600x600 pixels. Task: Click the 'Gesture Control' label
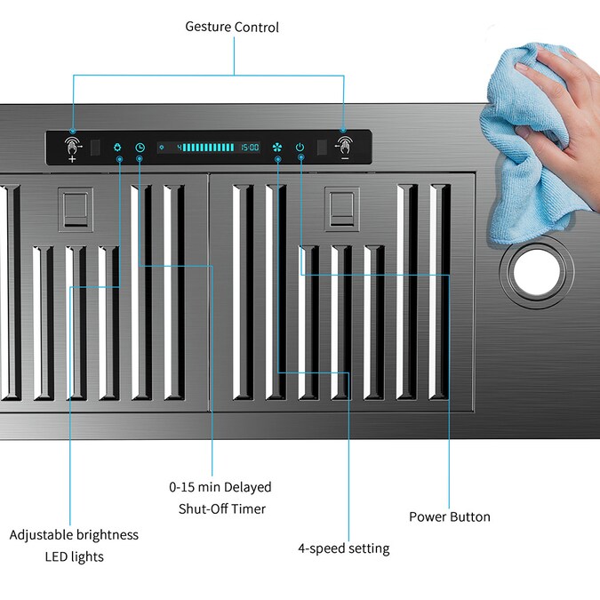click(x=232, y=28)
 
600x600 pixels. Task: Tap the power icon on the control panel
click(x=300, y=148)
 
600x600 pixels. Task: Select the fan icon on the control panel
click(x=277, y=148)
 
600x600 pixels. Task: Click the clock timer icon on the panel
click(x=140, y=148)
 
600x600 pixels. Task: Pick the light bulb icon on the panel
click(x=117, y=148)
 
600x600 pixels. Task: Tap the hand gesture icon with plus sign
click(x=73, y=148)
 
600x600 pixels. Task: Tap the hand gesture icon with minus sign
click(x=344, y=148)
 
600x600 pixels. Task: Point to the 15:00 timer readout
click(x=250, y=148)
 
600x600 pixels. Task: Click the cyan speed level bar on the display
click(x=208, y=148)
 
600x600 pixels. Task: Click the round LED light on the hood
click(x=537, y=271)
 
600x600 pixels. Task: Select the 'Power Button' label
click(x=450, y=517)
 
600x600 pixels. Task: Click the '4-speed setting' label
click(x=344, y=548)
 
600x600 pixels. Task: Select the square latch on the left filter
click(x=76, y=209)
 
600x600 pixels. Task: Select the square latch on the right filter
click(x=341, y=209)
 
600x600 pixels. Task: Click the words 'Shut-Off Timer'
click(x=222, y=509)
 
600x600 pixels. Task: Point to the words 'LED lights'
click(x=75, y=556)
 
